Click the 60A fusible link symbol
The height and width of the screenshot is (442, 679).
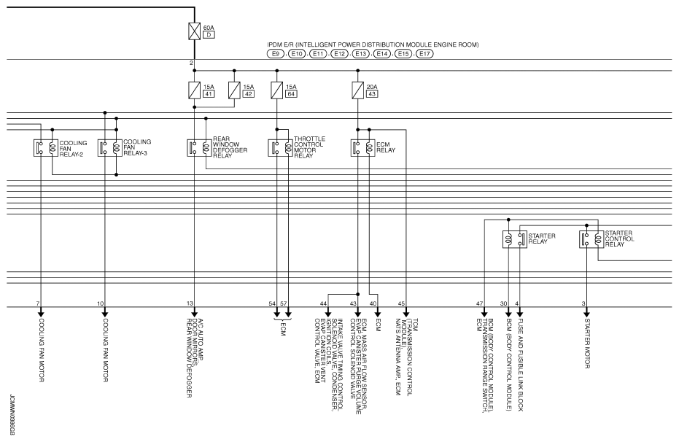(194, 31)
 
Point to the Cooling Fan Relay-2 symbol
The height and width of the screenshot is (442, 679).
(45, 147)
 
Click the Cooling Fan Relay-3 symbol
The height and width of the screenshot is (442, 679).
(110, 147)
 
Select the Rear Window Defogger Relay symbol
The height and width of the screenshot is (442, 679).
(199, 147)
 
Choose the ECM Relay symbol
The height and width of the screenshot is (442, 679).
(362, 147)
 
